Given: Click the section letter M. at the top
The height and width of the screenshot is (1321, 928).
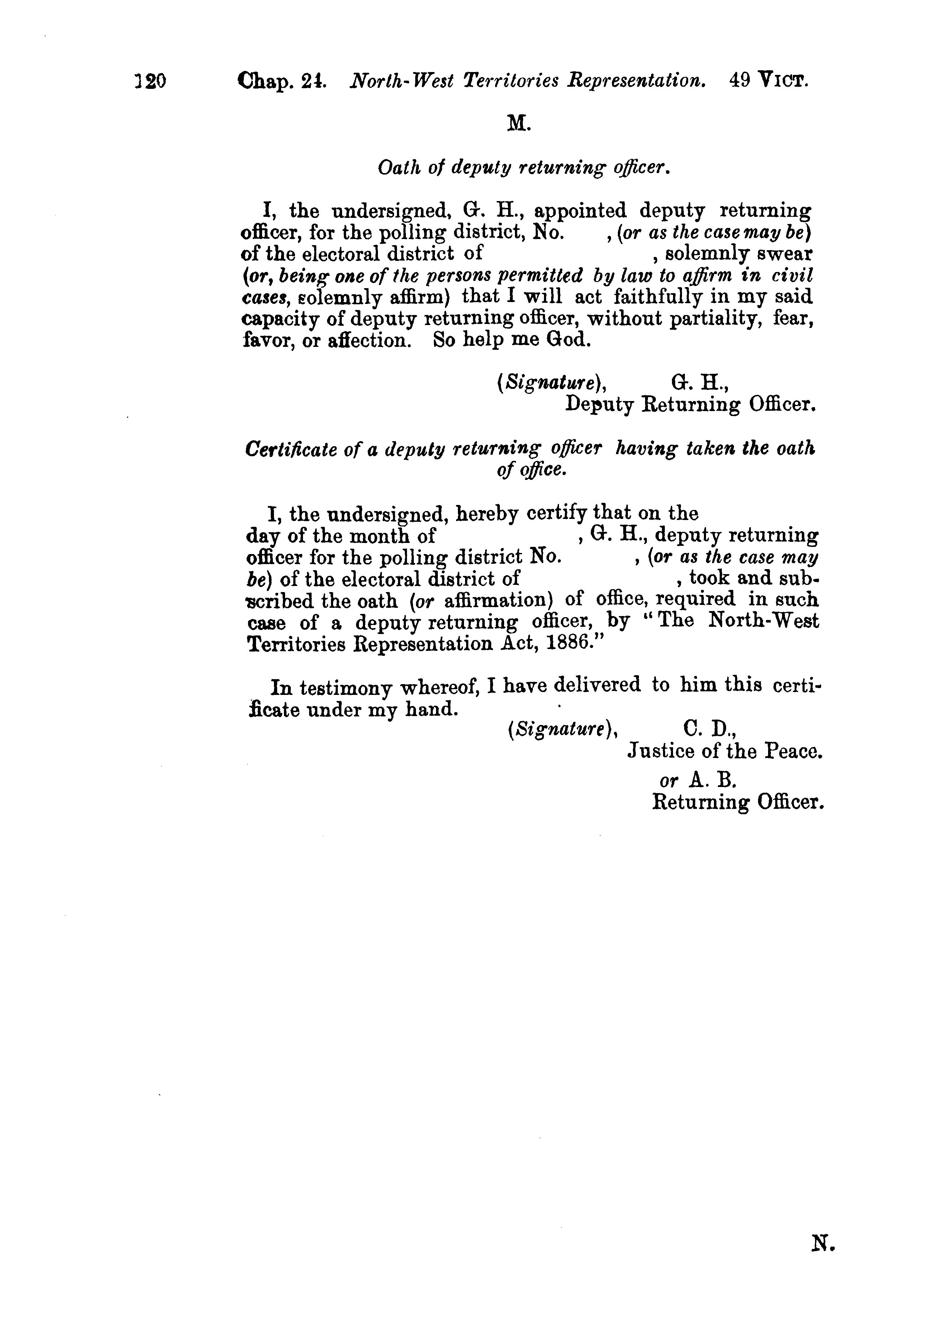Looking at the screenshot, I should click(519, 123).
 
